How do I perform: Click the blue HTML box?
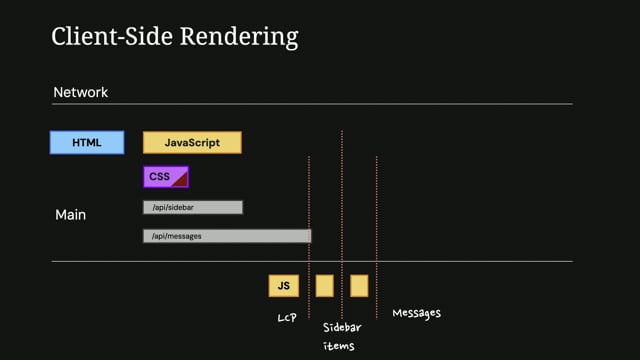pos(87,142)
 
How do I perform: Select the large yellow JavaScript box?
pos(192,142)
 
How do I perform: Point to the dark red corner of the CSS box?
pos(182,182)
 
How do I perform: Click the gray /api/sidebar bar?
pos(192,207)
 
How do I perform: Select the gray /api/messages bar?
pos(226,236)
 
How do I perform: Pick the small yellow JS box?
pos(284,286)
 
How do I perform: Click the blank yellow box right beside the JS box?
pos(325,286)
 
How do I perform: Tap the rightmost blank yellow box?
pos(359,286)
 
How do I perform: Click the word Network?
pos(80,92)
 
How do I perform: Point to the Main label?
pos(70,214)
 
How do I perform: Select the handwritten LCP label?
pos(288,317)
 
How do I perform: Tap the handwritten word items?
pos(338,347)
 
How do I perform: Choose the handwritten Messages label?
pos(416,313)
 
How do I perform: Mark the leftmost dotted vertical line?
pos(309,210)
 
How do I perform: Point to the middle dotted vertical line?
pos(342,200)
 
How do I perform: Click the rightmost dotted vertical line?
pos(376,210)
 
